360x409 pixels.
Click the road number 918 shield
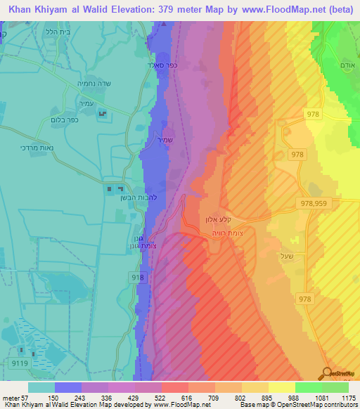pos(137,278)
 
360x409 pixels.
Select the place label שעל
pos(285,254)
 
